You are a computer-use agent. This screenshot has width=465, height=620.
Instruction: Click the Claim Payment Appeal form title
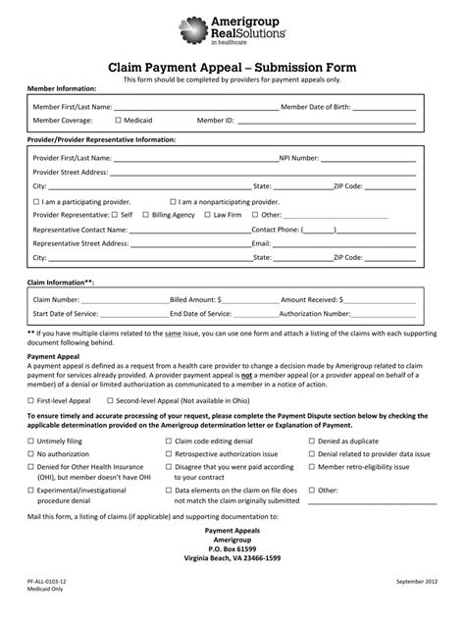tap(232, 66)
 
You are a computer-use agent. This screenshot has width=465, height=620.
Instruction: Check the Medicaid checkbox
tap(118, 120)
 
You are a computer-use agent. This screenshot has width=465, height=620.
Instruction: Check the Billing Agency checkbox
tap(145, 213)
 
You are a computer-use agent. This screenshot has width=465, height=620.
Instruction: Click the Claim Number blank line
tap(125, 298)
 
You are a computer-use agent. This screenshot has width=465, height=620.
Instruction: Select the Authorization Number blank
tap(385, 314)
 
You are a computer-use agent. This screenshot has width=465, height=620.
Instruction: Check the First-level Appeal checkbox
tap(30, 400)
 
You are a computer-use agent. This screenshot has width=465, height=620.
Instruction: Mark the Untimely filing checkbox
tap(30, 442)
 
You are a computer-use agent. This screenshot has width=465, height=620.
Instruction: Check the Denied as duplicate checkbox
tap(312, 442)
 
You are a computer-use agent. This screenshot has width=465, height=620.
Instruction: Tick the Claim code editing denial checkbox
tap(169, 442)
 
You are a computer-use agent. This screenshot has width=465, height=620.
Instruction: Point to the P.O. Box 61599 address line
tap(232, 547)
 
